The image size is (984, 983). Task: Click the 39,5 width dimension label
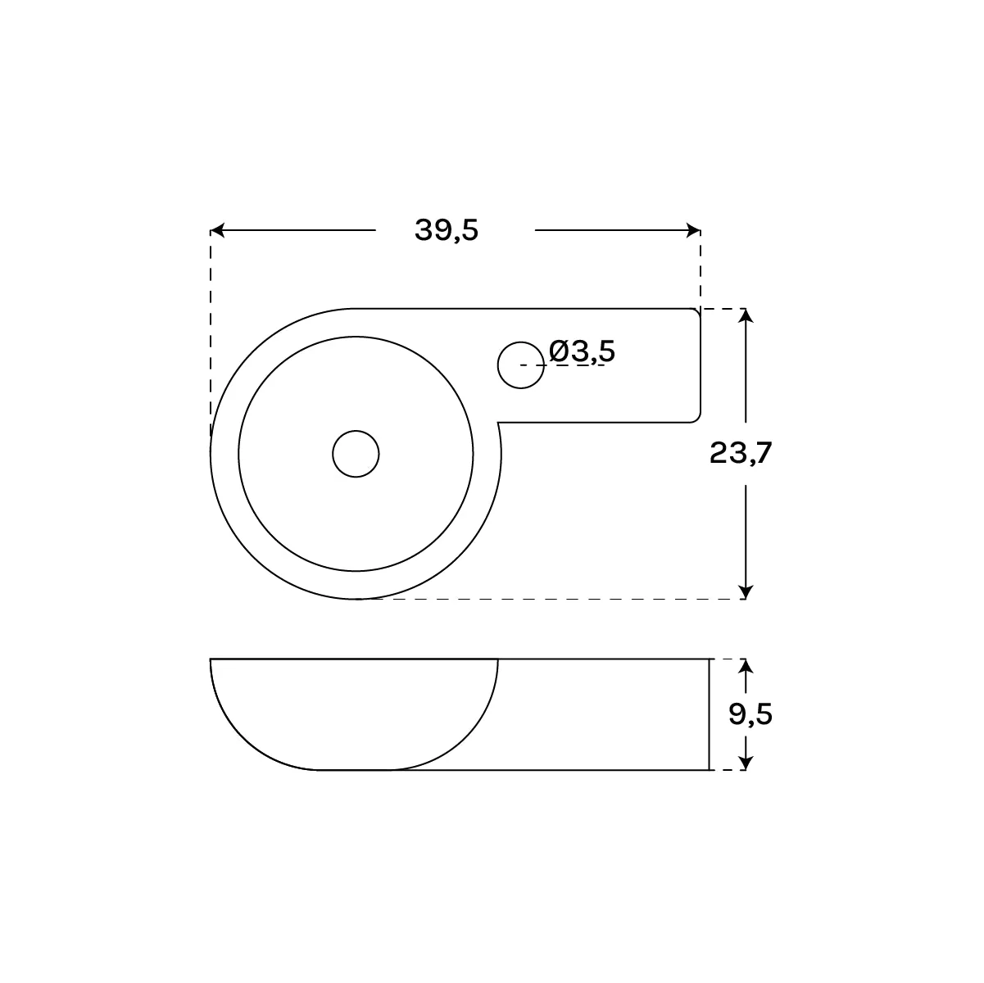pos(447,230)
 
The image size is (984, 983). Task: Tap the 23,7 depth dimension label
pos(741,453)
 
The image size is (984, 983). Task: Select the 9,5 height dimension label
pos(750,713)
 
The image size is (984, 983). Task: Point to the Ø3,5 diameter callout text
pos(582,351)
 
